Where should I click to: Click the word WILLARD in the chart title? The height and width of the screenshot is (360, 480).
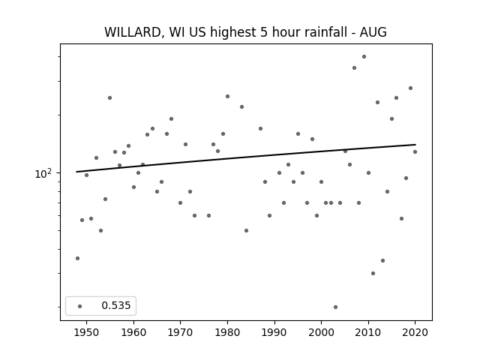tap(133, 32)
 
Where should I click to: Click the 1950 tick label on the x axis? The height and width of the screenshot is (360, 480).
tap(87, 332)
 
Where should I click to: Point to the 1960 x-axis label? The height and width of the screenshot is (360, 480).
tap(133, 332)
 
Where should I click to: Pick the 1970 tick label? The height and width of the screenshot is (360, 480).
tap(180, 332)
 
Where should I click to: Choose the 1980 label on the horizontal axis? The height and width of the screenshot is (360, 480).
tap(227, 332)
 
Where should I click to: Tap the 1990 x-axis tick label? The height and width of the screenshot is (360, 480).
tap(274, 332)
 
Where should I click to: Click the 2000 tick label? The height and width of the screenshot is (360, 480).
tap(322, 332)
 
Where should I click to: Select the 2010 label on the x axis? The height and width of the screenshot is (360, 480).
tap(368, 332)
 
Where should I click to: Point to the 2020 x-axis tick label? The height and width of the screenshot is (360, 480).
tap(415, 332)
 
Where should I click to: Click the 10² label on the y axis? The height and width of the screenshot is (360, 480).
tap(42, 173)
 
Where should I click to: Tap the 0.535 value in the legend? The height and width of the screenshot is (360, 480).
tap(116, 305)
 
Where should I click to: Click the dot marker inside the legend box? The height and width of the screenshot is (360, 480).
tap(80, 306)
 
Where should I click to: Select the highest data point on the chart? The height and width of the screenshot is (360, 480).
tap(364, 57)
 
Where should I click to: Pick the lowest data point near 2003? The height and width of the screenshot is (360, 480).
tap(335, 307)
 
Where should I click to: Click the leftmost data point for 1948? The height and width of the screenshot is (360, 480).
tap(77, 258)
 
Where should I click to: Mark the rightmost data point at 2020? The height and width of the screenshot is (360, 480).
tap(415, 151)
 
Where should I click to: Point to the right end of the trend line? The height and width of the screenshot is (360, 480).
tap(415, 145)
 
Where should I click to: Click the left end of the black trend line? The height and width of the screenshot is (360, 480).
tap(76, 172)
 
